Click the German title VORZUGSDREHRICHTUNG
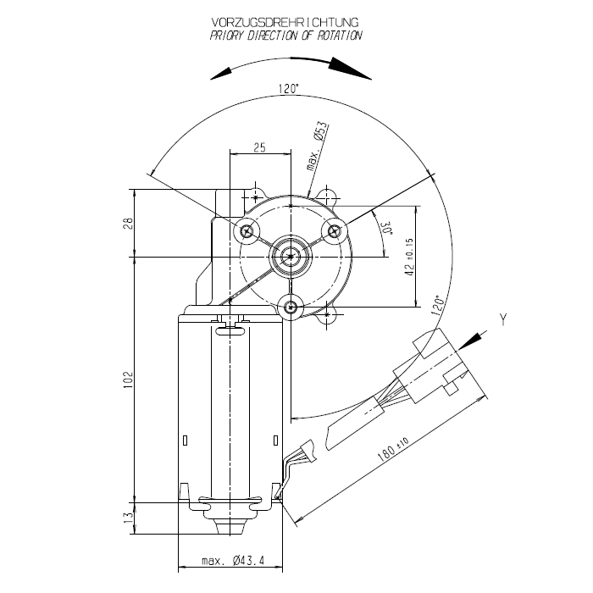tap(285, 22)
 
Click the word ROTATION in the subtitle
tap(340, 36)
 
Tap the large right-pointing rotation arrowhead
tap(350, 69)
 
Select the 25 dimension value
tap(259, 147)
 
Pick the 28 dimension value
tap(129, 223)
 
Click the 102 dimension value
tap(129, 380)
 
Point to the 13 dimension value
tap(129, 517)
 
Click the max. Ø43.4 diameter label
tap(233, 561)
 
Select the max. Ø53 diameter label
tap(317, 147)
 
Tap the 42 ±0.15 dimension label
tap(409, 258)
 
